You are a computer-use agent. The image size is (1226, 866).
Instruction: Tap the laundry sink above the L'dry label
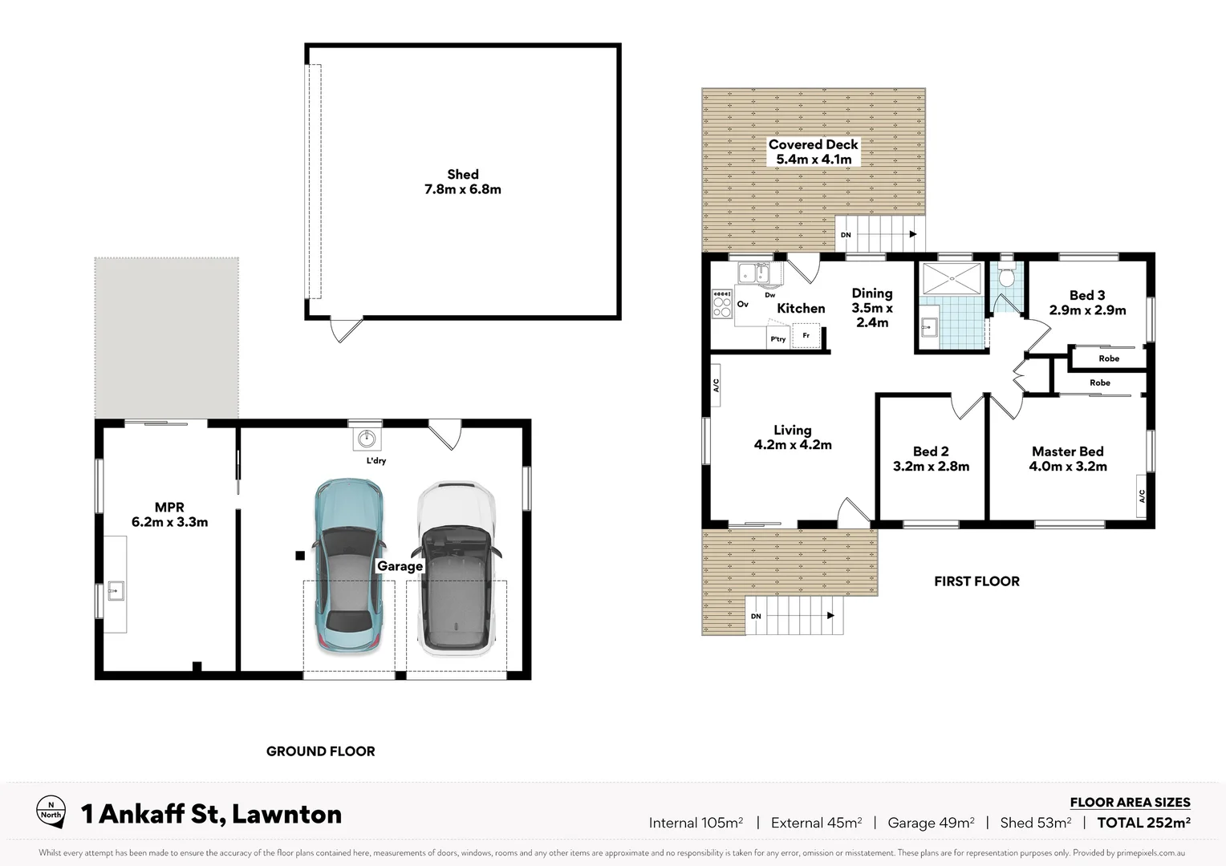[367, 438]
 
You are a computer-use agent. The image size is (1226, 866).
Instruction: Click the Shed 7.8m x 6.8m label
[462, 182]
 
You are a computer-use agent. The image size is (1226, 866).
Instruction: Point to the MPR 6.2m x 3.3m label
[169, 515]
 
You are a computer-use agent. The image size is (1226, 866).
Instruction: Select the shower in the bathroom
[952, 278]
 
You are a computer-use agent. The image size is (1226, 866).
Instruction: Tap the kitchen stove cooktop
[721, 304]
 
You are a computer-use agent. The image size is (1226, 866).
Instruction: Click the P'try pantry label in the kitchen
[777, 339]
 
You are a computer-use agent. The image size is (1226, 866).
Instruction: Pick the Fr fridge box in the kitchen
[806, 335]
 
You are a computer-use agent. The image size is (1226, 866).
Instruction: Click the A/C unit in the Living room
[716, 386]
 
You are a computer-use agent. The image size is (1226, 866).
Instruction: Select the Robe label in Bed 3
[1109, 358]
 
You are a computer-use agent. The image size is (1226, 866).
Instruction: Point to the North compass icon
[51, 812]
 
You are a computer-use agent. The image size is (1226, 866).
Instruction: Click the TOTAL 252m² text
[1143, 823]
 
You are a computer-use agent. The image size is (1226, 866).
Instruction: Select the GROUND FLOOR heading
[320, 751]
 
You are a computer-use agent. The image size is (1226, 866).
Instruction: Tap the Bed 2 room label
[931, 459]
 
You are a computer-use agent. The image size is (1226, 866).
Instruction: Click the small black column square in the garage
[299, 555]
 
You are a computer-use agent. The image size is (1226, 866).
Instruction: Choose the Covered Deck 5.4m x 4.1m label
[813, 152]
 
